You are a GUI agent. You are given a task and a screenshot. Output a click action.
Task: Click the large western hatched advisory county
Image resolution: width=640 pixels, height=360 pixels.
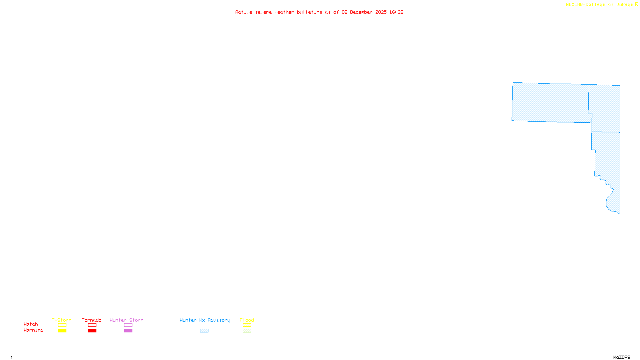click(x=550, y=102)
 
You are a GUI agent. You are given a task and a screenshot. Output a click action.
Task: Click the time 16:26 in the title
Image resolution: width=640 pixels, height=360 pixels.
click(x=396, y=12)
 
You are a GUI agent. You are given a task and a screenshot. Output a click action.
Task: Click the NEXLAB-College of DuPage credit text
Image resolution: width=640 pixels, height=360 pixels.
click(x=599, y=4)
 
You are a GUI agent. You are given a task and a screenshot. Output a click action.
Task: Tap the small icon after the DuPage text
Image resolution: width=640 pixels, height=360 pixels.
click(x=636, y=4)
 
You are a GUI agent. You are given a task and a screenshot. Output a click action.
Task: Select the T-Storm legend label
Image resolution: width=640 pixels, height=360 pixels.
click(x=62, y=320)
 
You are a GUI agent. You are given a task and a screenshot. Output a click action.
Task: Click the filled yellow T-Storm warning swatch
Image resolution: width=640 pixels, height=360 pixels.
click(x=62, y=331)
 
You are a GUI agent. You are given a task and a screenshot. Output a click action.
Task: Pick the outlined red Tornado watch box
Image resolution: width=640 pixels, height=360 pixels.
click(x=92, y=325)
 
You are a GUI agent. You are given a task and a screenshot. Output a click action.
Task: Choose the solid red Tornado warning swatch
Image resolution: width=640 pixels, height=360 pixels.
click(x=92, y=331)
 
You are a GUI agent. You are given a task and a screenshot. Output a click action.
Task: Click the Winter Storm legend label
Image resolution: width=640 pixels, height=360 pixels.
click(x=126, y=320)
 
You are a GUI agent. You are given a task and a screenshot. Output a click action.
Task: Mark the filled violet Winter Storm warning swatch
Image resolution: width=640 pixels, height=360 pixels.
click(x=128, y=331)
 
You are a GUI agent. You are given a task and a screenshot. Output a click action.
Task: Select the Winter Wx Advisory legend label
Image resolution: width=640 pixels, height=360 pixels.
click(x=205, y=320)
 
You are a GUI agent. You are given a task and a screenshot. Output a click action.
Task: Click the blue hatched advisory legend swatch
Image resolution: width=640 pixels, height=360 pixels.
click(x=204, y=331)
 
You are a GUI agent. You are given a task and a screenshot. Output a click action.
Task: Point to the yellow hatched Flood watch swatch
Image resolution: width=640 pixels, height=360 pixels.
click(x=247, y=325)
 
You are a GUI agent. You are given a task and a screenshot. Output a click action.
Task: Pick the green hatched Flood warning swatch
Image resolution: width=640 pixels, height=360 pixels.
click(x=247, y=331)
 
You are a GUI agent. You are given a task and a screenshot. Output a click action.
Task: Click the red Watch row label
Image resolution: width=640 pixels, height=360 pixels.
click(x=31, y=324)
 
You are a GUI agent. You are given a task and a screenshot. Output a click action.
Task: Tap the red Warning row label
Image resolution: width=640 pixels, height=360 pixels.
click(x=33, y=330)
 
